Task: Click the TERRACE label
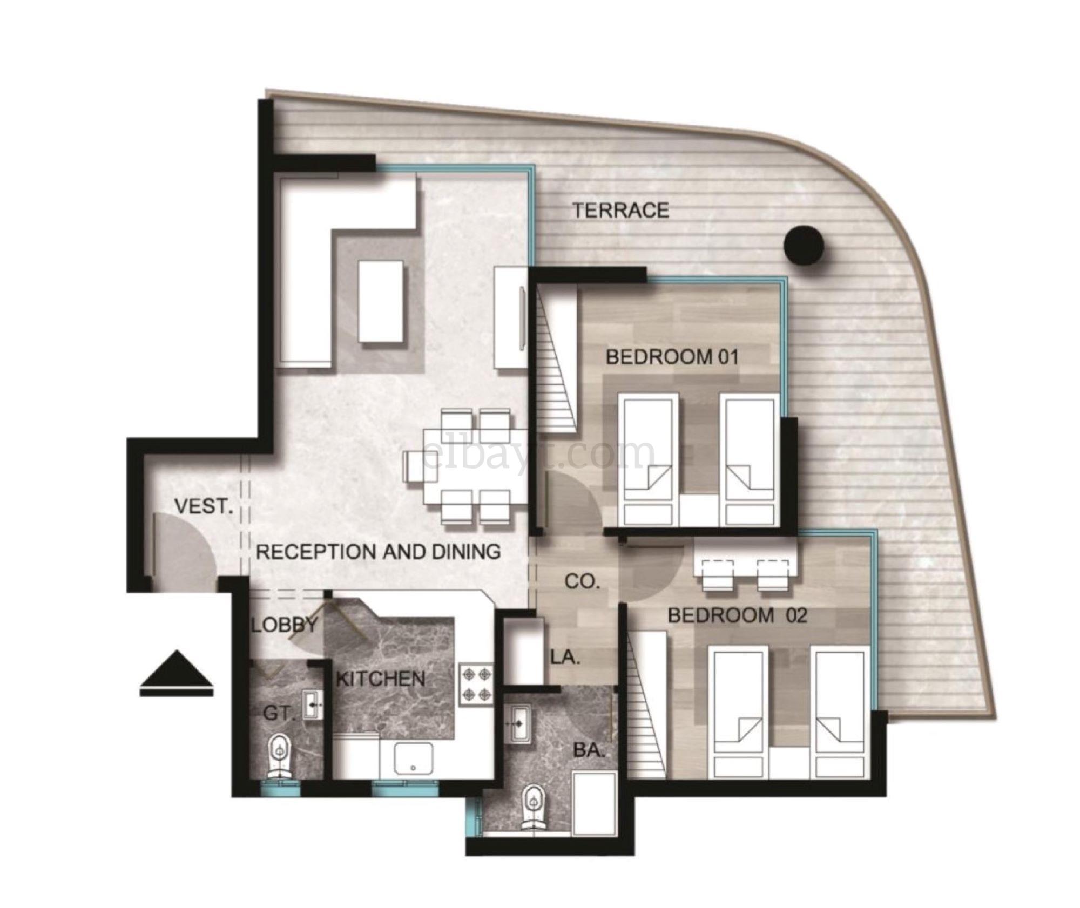pos(621,210)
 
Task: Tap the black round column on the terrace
pos(804,245)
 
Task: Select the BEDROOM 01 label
pos(672,357)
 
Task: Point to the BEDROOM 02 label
pos(738,615)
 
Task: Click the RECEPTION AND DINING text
pos(378,551)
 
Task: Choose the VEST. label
pos(204,506)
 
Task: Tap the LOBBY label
pos(285,625)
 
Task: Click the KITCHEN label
pos(380,679)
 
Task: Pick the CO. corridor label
pos(582,581)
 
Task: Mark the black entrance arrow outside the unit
pos(177,673)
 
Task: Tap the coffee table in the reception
pos(381,301)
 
